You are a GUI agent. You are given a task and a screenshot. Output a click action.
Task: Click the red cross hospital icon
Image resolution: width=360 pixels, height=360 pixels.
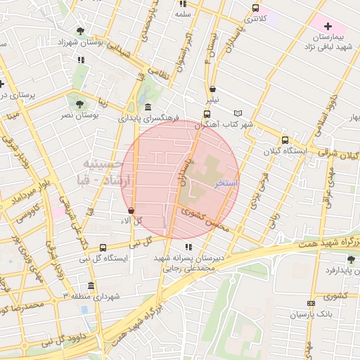[x=328, y=25]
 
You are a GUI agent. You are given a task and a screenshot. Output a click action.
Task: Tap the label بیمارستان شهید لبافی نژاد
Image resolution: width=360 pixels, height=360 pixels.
[x=328, y=41]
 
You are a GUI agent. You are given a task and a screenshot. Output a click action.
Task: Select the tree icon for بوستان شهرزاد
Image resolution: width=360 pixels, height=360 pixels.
[x=81, y=31]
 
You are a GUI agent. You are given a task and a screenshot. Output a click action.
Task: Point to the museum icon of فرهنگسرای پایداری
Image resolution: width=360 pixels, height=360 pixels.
[x=147, y=107]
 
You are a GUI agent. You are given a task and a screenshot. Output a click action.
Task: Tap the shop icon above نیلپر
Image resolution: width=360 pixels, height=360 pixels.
[x=212, y=89]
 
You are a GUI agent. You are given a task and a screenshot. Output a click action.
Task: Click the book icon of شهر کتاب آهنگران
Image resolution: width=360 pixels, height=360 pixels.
[x=238, y=113]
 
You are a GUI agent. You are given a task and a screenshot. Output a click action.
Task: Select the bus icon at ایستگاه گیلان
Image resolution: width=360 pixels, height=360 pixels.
[x=285, y=140]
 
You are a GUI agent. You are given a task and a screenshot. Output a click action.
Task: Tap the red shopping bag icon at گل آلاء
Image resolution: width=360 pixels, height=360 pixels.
[x=131, y=210]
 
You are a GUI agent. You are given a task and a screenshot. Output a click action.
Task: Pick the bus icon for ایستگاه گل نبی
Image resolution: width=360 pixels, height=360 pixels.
[x=103, y=247]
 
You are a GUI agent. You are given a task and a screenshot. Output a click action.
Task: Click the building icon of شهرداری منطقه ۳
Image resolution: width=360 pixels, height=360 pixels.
[x=91, y=285]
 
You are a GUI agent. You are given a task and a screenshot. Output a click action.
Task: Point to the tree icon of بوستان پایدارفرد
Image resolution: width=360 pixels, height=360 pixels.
[x=350, y=259]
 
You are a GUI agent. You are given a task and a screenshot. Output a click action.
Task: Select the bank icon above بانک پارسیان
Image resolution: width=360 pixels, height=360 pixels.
[x=311, y=303]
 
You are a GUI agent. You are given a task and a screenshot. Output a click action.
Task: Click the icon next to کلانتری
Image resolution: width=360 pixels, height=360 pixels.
[x=256, y=8]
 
